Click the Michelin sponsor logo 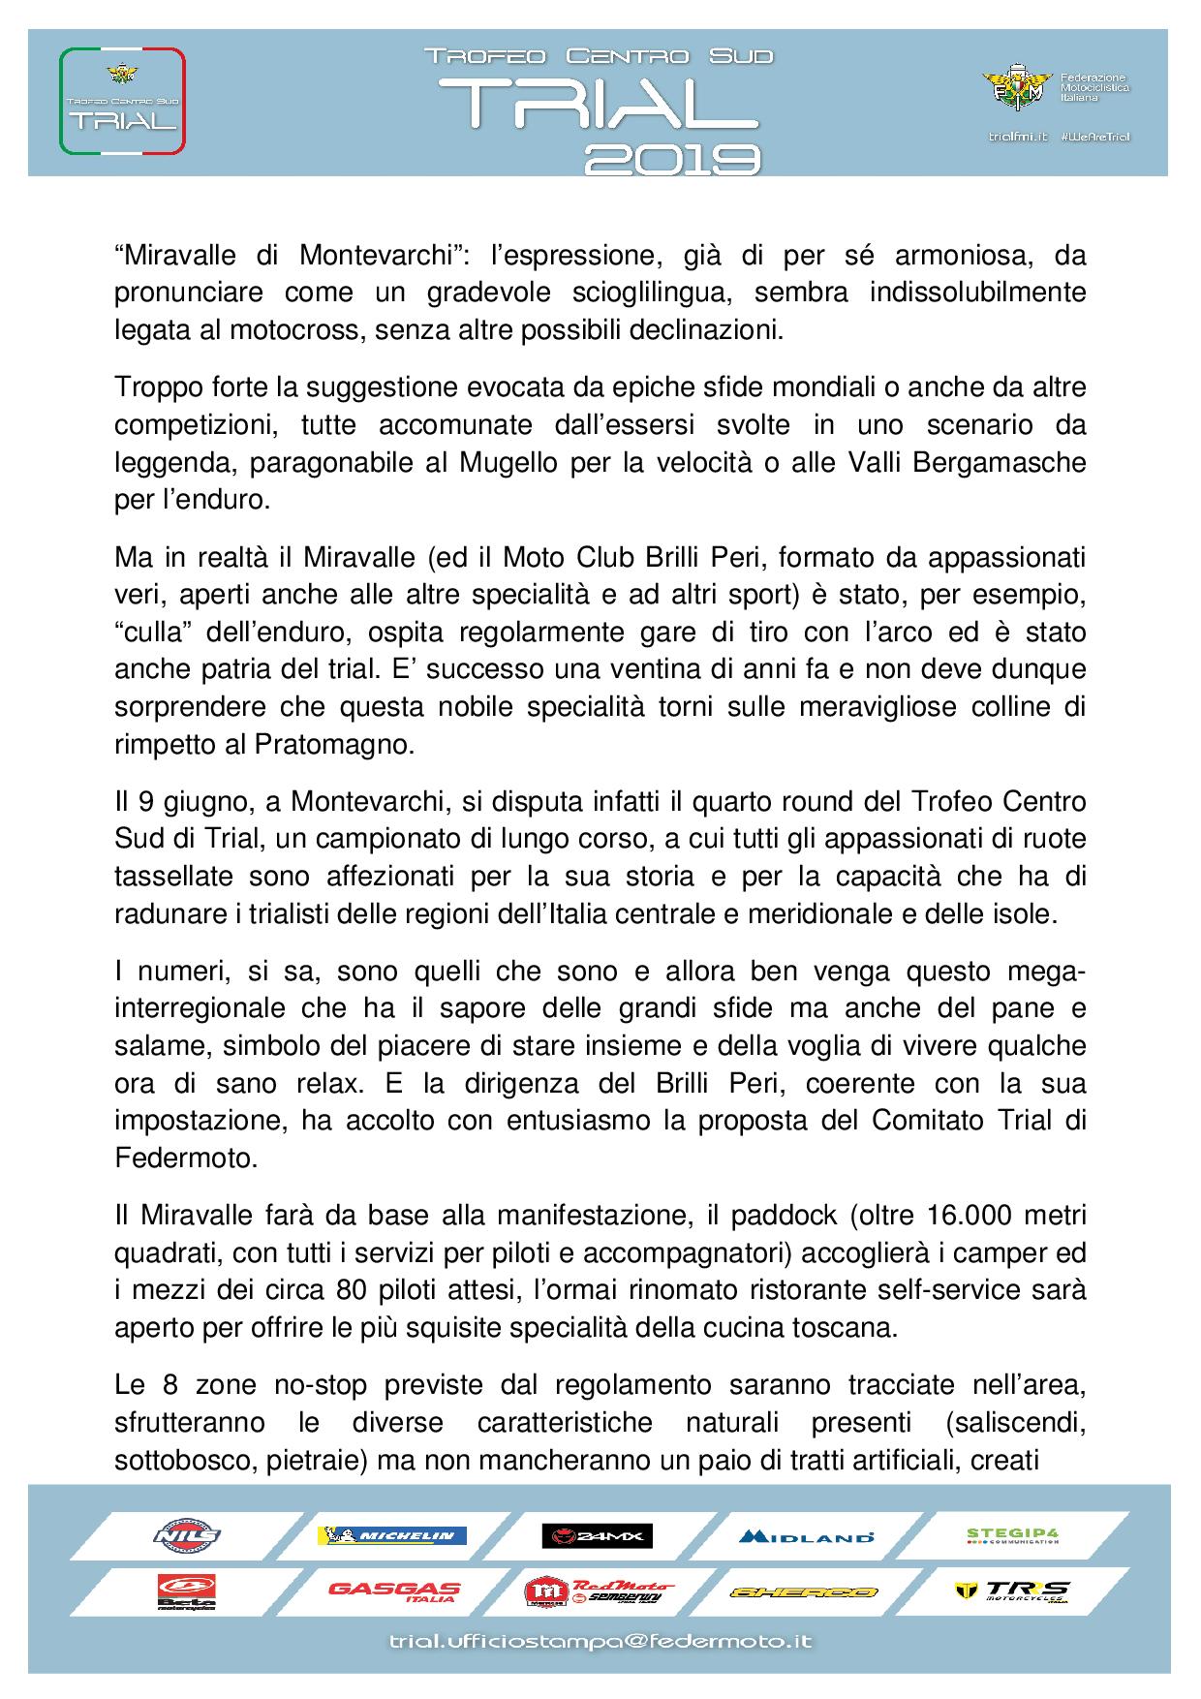tap(392, 1535)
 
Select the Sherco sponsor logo tap(804, 1592)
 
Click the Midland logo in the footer tap(806, 1536)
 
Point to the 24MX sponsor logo tap(598, 1535)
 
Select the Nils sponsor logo tap(187, 1535)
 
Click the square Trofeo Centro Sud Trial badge tap(122, 101)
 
